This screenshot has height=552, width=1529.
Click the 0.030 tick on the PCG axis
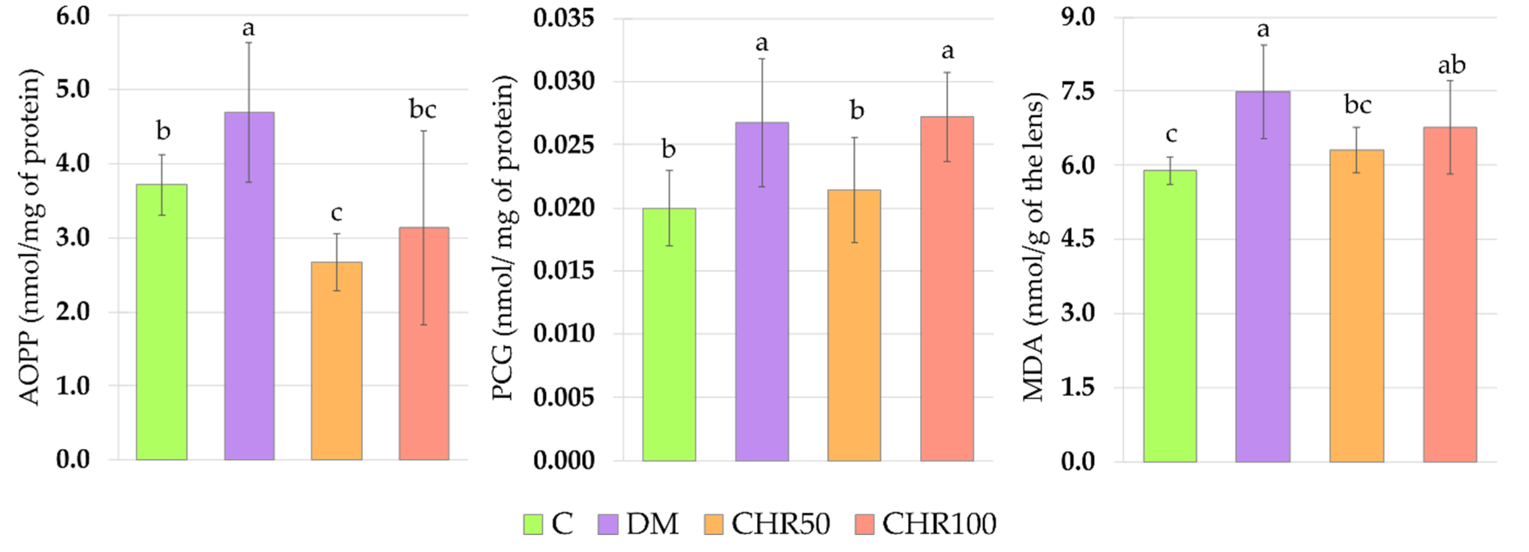(563, 81)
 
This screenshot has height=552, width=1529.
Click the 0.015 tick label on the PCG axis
(563, 271)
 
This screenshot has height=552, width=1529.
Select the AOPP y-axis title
(30, 237)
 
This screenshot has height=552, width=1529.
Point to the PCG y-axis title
(503, 237)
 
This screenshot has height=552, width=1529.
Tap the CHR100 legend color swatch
(864, 525)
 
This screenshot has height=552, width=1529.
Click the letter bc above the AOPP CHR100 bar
(423, 110)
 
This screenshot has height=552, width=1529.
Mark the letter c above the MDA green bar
(1171, 135)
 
